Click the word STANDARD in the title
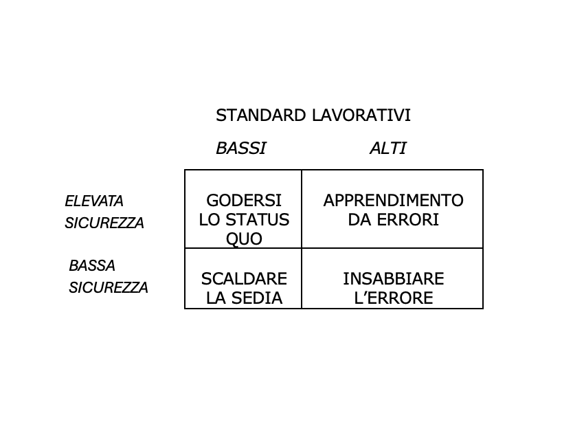[x=260, y=115]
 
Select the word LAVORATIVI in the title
[x=361, y=115]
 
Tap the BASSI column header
[x=241, y=148]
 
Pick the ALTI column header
[x=388, y=148]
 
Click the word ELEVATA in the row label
[x=94, y=201]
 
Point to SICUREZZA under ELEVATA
[x=104, y=223]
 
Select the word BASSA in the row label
[x=92, y=266]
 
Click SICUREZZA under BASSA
[x=109, y=287]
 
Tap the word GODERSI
[x=244, y=201]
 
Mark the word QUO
[x=244, y=239]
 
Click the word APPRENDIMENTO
[x=394, y=201]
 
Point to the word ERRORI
[x=408, y=220]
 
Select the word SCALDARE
[x=244, y=279]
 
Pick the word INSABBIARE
[x=394, y=279]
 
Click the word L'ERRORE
[x=394, y=298]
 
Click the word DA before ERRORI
[x=359, y=220]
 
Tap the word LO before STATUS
[x=209, y=220]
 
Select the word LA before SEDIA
[x=217, y=298]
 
